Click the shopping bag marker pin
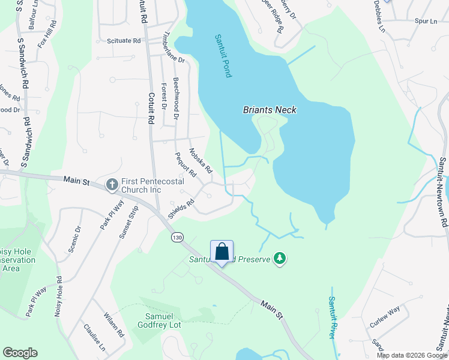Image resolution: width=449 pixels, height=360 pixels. click(x=221, y=252)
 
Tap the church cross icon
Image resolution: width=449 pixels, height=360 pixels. click(x=112, y=185)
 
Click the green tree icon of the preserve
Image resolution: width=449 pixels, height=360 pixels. click(x=279, y=259)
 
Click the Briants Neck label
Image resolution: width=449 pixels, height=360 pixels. click(x=270, y=110)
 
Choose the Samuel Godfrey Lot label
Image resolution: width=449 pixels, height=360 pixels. click(x=163, y=320)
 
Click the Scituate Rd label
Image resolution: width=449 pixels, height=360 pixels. click(x=124, y=41)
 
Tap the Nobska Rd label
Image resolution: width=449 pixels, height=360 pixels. click(x=200, y=160)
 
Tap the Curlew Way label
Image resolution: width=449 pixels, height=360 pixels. click(x=385, y=316)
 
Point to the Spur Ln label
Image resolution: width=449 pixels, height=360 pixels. click(x=426, y=22)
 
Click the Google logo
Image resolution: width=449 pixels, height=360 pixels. click(x=20, y=353)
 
